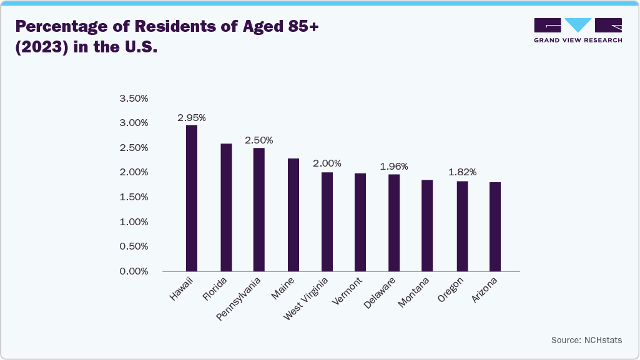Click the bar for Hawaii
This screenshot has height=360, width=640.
[x=192, y=198]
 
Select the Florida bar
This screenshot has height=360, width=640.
[x=226, y=208]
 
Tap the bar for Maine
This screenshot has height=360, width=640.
[x=293, y=215]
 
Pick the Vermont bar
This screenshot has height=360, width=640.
[x=360, y=222]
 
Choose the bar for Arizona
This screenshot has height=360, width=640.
[x=495, y=226]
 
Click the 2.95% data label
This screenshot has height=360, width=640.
[x=192, y=117]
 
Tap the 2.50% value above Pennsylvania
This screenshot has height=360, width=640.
[x=258, y=140]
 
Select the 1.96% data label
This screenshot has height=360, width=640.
[x=394, y=167]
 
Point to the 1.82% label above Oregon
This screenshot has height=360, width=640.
[x=462, y=172]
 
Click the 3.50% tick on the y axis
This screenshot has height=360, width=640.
[x=134, y=99]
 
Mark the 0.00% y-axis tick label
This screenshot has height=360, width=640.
[x=134, y=271]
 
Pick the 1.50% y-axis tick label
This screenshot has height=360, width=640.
[x=134, y=197]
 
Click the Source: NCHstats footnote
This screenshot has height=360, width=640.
[x=586, y=340]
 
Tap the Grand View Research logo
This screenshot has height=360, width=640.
[x=578, y=30]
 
